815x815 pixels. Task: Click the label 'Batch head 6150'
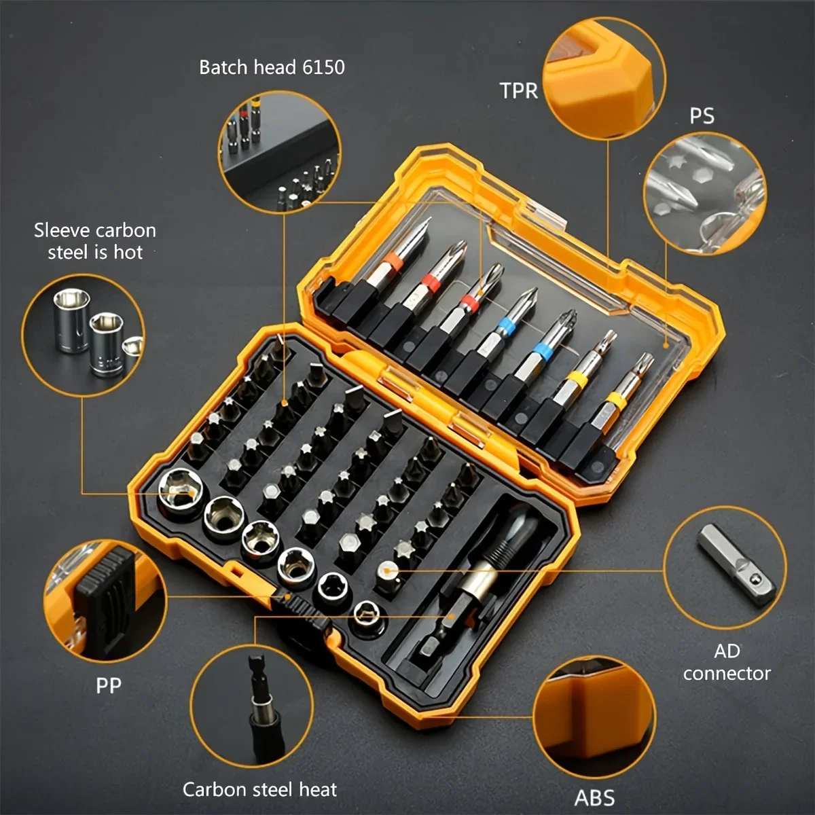click(x=272, y=67)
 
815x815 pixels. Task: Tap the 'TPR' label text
click(x=519, y=90)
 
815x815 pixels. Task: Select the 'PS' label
click(x=702, y=116)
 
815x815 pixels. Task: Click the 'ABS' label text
click(x=595, y=797)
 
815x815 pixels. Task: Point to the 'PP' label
click(x=108, y=685)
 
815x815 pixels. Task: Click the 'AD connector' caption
click(x=726, y=662)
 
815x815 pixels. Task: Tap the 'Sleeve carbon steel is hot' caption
click(x=95, y=241)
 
